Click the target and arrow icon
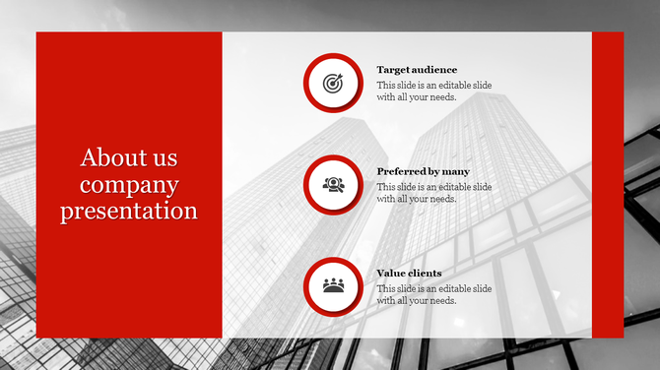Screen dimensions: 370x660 (333, 84)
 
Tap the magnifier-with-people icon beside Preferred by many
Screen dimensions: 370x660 (333, 184)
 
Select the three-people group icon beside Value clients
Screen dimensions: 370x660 (333, 285)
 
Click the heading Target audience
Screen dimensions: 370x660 (417, 70)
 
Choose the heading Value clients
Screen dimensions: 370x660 (409, 273)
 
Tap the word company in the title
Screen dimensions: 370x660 (129, 184)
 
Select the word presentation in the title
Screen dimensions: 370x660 (129, 211)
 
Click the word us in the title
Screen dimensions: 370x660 (165, 157)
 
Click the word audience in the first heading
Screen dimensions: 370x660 (434, 70)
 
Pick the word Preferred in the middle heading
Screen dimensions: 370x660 (400, 171)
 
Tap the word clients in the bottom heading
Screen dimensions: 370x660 (424, 273)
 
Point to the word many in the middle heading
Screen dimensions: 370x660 (455, 171)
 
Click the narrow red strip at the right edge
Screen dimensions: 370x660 (608, 184)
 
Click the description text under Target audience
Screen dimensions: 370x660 (433, 92)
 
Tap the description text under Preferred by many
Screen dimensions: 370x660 (433, 193)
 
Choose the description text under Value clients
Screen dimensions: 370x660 (433, 294)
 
